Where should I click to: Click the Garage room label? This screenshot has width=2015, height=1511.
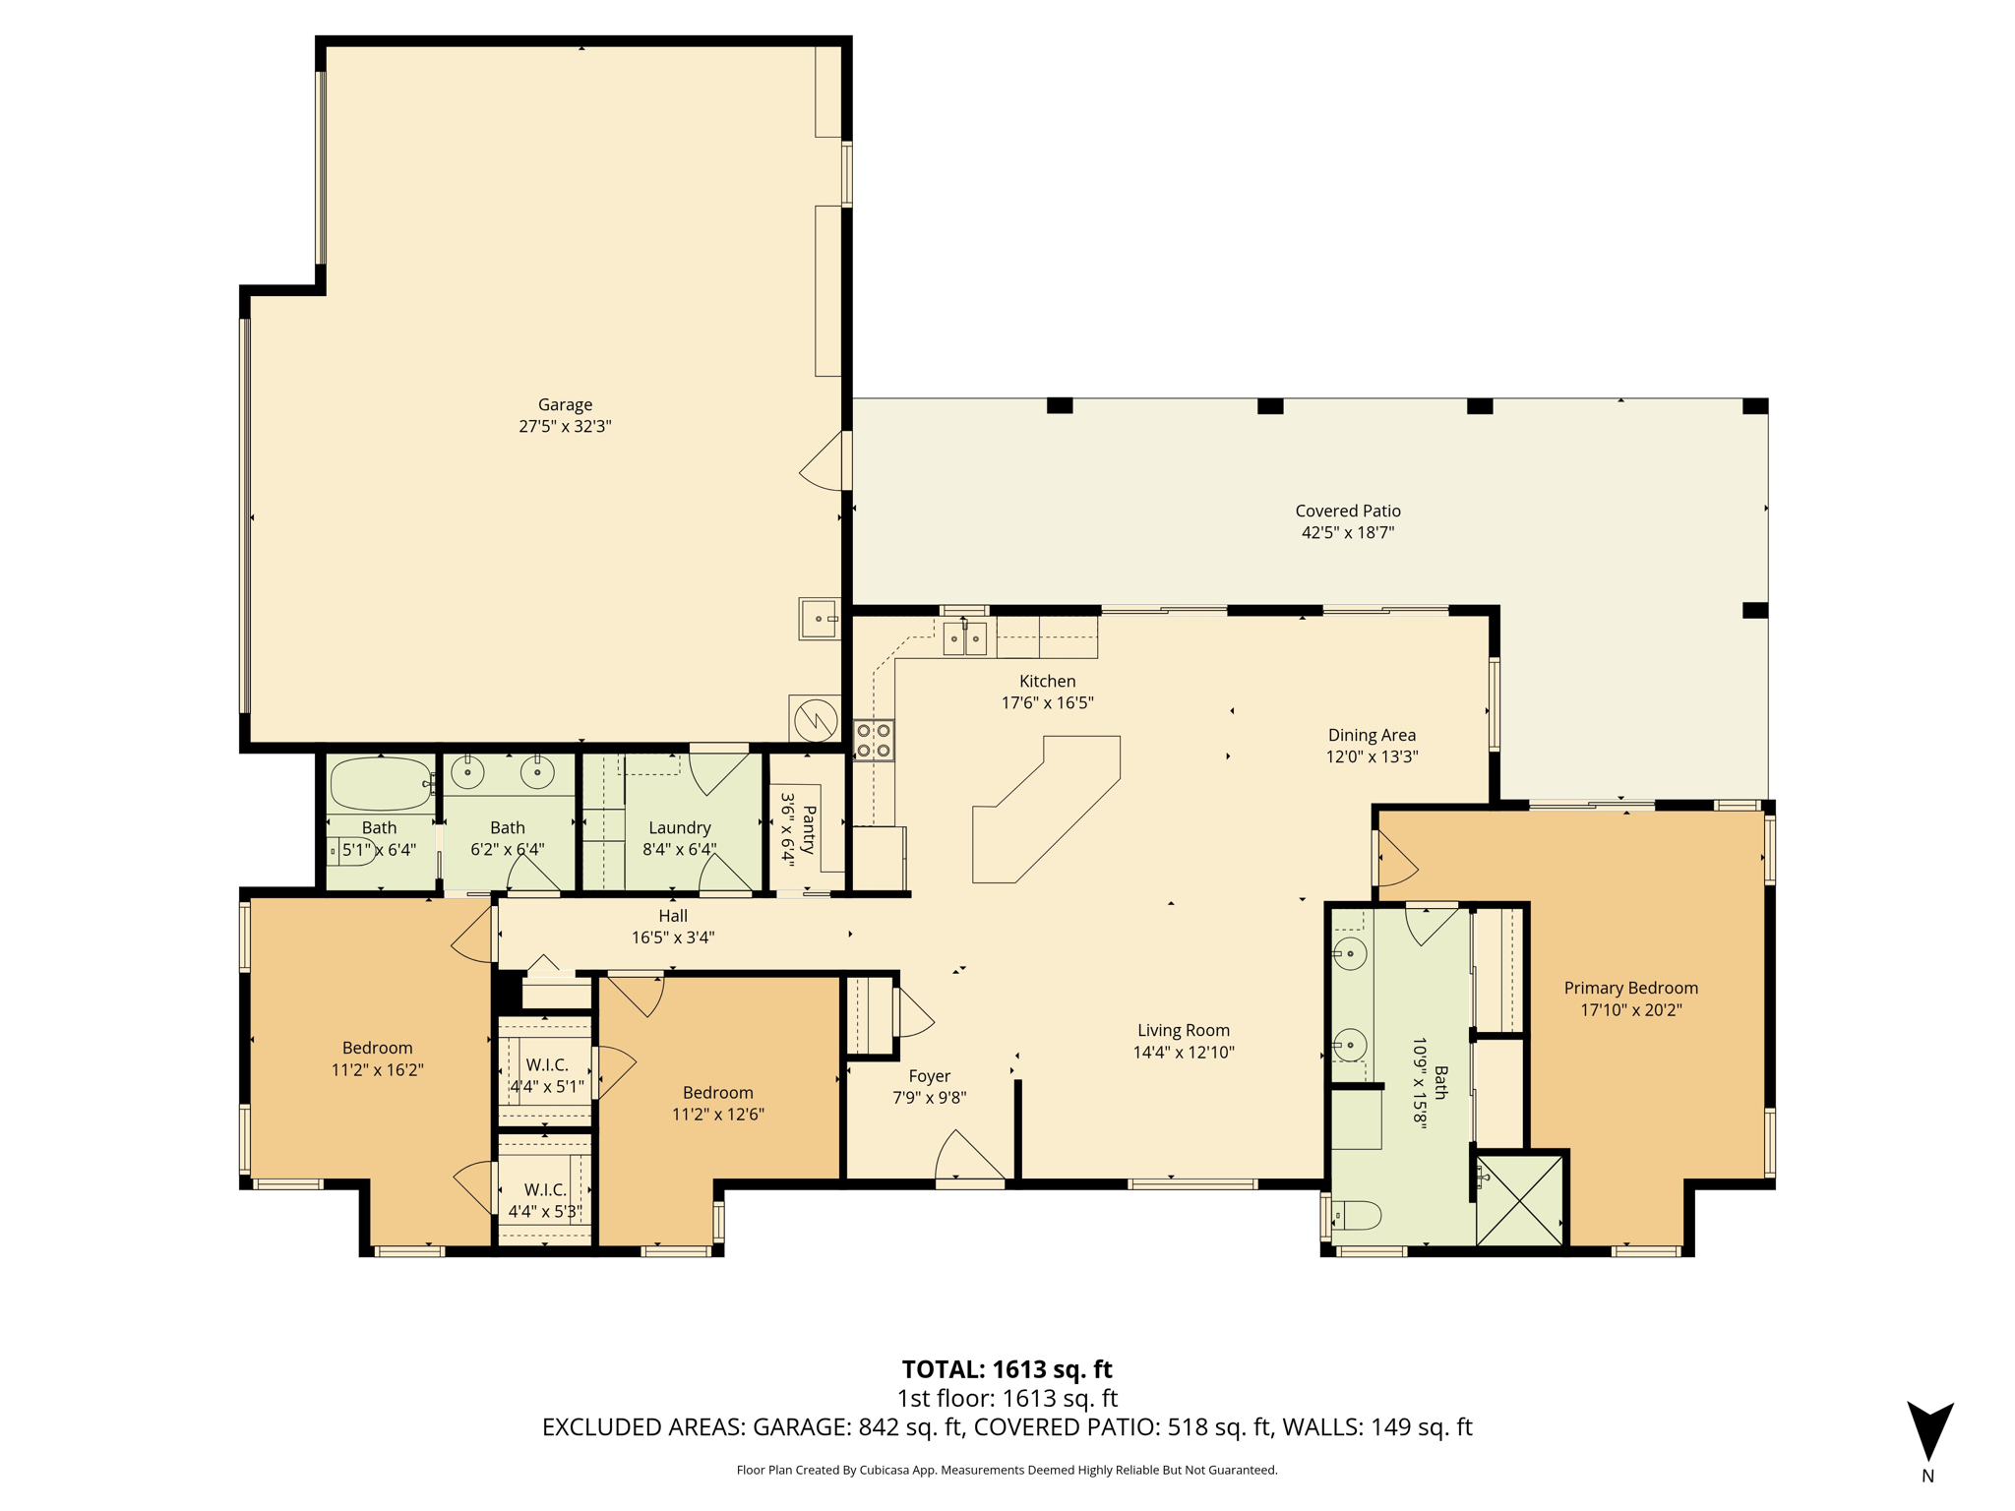[565, 404]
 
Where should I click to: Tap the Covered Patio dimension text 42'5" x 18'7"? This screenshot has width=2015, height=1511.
[1347, 532]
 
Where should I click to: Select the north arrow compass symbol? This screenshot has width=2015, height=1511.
[1929, 1431]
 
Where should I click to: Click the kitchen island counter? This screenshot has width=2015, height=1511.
[1046, 810]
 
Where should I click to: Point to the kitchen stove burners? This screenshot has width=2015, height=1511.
[874, 741]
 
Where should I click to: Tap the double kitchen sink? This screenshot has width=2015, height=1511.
[964, 638]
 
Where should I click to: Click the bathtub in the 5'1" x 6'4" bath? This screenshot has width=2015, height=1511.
[382, 783]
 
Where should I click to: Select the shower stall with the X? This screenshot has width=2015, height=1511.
[1520, 1201]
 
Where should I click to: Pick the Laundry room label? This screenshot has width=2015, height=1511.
[679, 827]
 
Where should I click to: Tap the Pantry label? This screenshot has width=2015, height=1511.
[809, 829]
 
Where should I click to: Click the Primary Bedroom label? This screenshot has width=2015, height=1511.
[1630, 988]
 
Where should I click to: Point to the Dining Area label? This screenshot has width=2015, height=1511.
[1372, 735]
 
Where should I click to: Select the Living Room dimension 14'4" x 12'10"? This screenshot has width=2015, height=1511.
[1184, 1052]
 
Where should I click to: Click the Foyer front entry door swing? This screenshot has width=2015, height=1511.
[968, 1156]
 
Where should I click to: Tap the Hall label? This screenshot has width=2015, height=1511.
[673, 916]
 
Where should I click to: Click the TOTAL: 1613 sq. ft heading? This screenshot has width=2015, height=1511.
[1007, 1368]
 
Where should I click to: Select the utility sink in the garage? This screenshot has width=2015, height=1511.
[820, 619]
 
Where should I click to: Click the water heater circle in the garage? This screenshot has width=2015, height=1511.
[816, 720]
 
